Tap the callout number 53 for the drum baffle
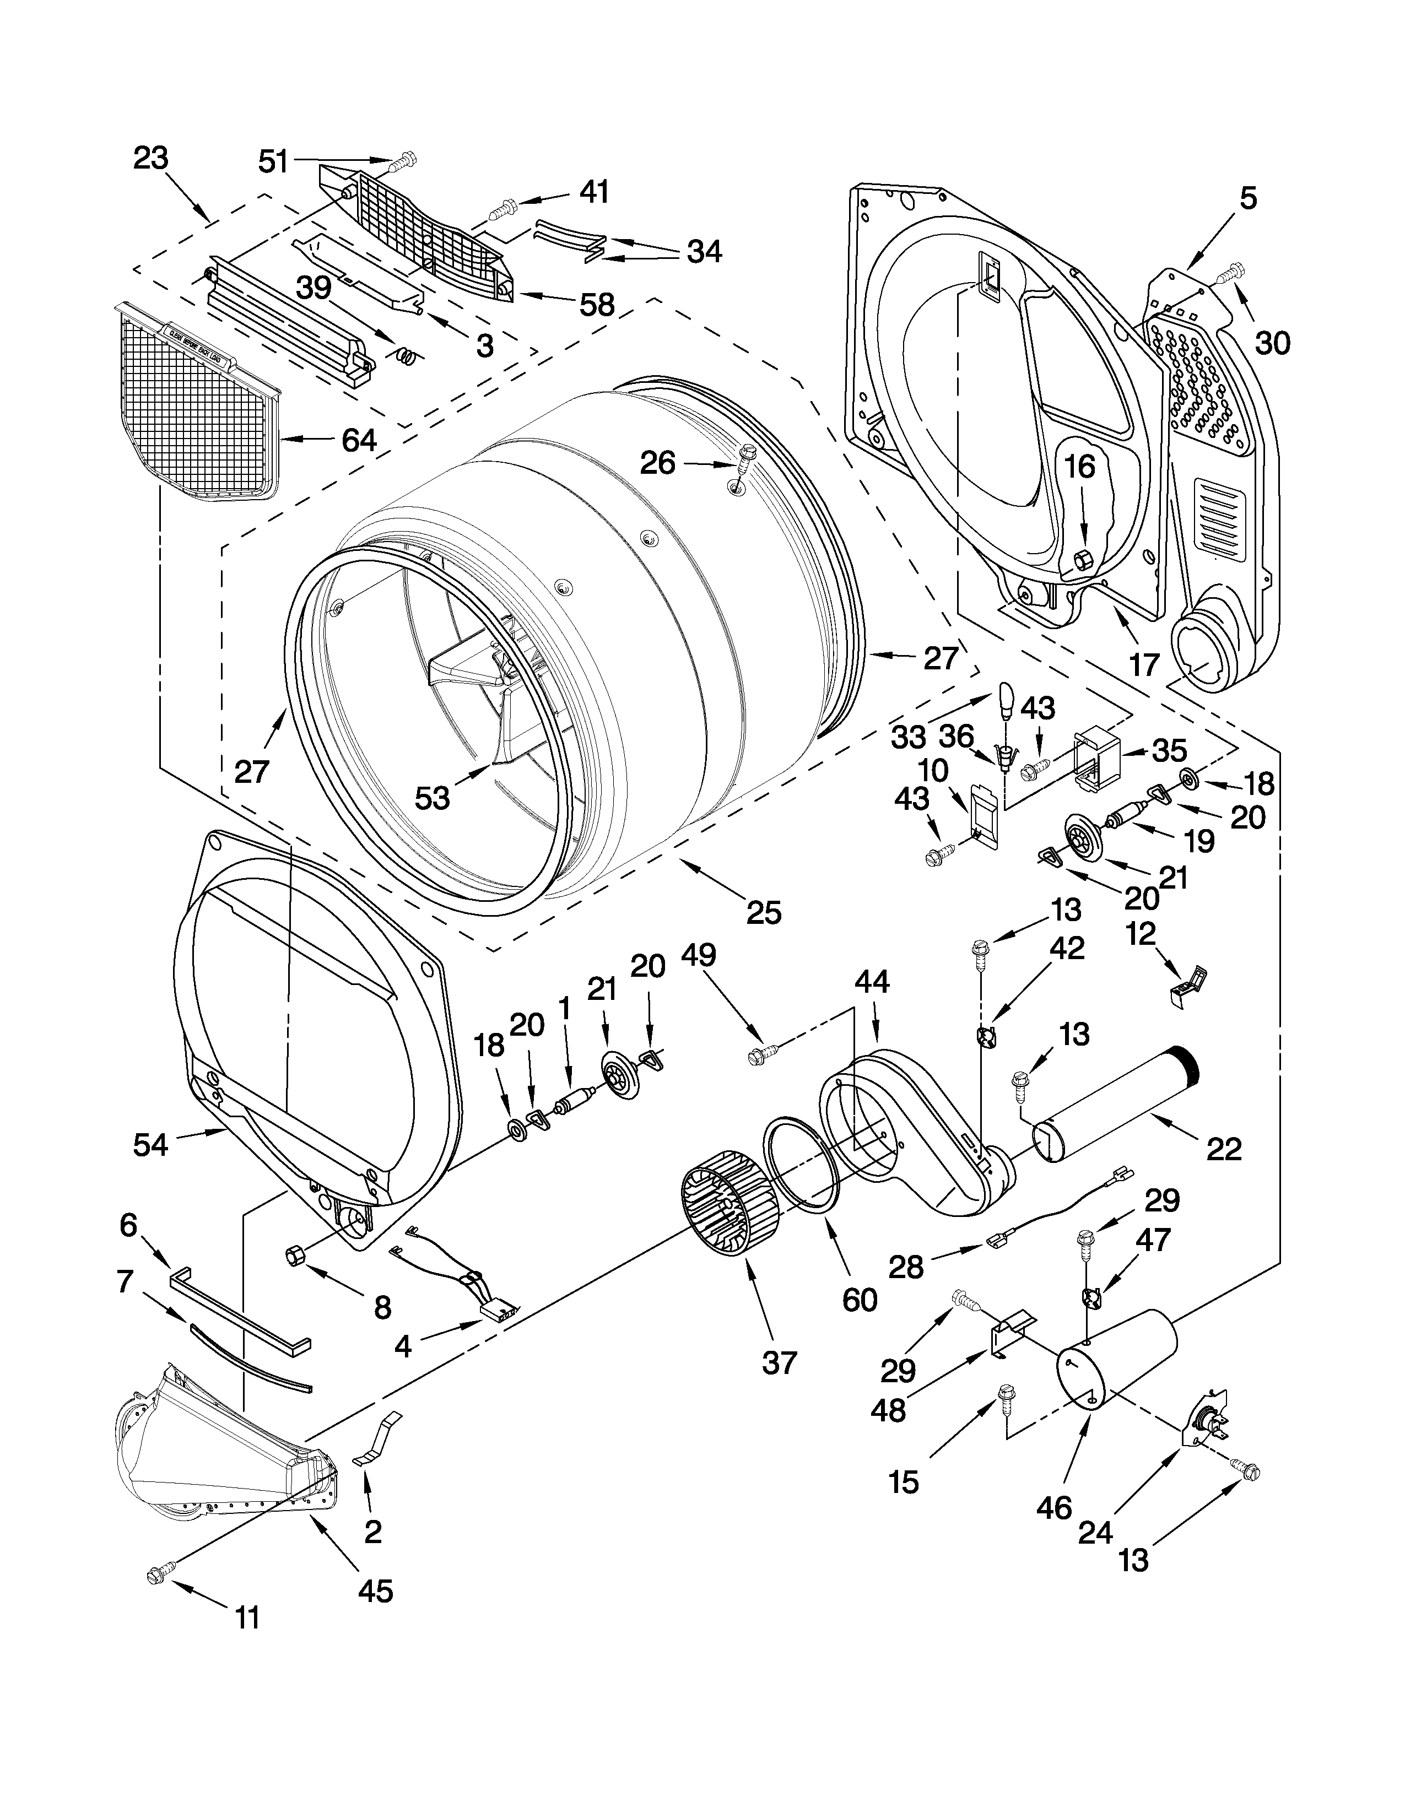pyautogui.click(x=432, y=798)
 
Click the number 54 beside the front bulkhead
pyautogui.click(x=150, y=1145)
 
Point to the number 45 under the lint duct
pyautogui.click(x=375, y=1591)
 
